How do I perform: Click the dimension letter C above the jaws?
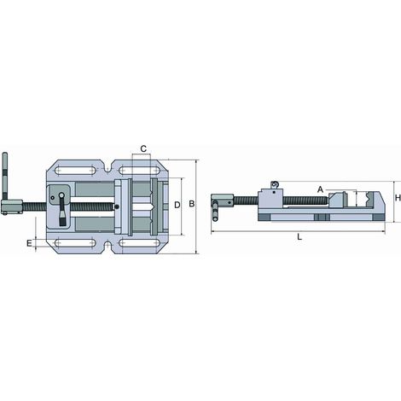143,148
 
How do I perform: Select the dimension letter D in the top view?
177,205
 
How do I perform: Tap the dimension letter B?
192,204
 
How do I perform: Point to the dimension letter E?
29,243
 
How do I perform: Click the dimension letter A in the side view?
321,189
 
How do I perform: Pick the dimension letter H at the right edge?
398,198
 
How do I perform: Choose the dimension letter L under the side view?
299,236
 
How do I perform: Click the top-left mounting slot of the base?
75,171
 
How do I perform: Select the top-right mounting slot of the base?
139,171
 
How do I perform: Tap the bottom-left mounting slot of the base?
75,243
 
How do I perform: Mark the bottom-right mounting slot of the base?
139,243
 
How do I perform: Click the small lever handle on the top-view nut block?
61,210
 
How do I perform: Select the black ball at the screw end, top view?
117,206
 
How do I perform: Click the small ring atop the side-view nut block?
275,184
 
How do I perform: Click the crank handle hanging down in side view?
216,211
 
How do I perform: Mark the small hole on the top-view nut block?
52,197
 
